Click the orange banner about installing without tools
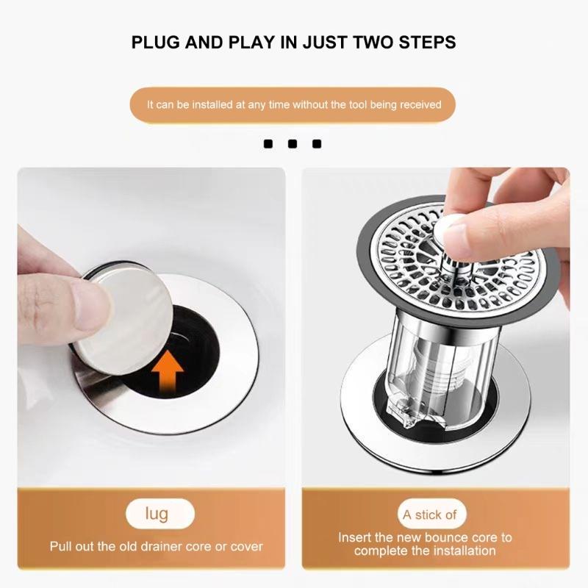pos(294,105)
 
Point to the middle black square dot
pos(292,144)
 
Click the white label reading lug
pos(157,513)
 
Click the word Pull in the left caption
pos(62,546)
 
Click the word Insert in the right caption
pos(356,537)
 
